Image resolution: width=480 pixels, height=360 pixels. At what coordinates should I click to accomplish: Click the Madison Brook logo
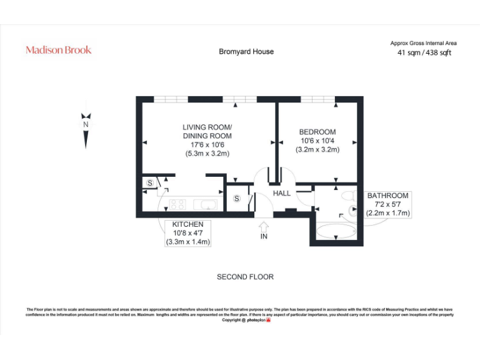(x=58, y=50)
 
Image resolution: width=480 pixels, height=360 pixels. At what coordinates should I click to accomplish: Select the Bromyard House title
(x=246, y=51)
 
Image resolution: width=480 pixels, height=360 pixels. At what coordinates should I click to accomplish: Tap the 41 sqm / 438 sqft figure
(x=424, y=53)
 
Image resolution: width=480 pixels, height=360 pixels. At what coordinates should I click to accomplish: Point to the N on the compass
(x=86, y=124)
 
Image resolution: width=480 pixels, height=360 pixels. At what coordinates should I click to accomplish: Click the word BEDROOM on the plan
(x=317, y=132)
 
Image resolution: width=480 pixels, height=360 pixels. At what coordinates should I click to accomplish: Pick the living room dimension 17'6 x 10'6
(x=207, y=144)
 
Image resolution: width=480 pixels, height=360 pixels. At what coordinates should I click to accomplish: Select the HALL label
(x=282, y=193)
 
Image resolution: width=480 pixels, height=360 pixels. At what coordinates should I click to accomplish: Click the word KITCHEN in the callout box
(x=187, y=224)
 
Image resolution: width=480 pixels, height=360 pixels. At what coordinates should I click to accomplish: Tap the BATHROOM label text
(x=387, y=196)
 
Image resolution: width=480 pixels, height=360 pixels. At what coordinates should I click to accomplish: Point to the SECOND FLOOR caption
(x=245, y=277)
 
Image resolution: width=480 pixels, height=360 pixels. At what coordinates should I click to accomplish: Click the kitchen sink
(x=205, y=204)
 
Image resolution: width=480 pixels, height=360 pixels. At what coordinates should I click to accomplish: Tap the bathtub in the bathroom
(x=336, y=231)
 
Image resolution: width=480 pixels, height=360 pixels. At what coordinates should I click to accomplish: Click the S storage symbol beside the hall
(x=237, y=199)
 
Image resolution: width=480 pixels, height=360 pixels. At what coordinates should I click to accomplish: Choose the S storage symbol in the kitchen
(x=151, y=183)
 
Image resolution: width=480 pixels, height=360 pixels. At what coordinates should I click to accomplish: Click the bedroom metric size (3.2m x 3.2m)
(x=317, y=149)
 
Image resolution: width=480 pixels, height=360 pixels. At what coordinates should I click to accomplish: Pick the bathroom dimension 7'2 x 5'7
(x=387, y=204)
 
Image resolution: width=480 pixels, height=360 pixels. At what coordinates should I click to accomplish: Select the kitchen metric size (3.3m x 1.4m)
(x=187, y=242)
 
